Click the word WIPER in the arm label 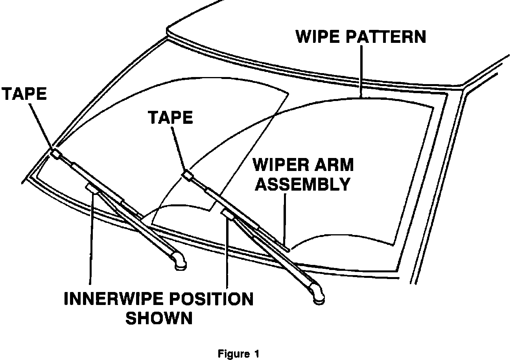(279, 165)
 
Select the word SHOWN (159, 318)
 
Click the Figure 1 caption (239, 354)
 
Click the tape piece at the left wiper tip (55, 154)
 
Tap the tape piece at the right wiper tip (188, 176)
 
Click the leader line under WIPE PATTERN (361, 71)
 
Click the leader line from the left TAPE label (41, 126)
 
